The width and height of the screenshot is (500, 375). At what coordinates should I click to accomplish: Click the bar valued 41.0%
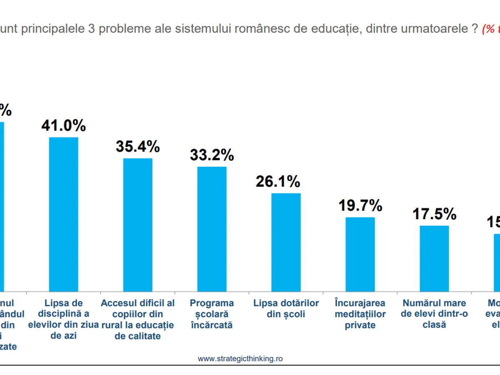pos(64,214)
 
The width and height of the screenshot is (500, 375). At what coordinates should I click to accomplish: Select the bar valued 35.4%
pos(138,225)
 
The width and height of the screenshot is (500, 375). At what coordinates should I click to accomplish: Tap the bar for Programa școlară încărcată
pos(212,229)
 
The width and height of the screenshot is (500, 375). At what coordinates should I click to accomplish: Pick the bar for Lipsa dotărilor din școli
pos(286,242)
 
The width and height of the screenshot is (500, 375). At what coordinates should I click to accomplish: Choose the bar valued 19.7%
pos(360,254)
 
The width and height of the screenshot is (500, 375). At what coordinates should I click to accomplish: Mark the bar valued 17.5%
pos(434,258)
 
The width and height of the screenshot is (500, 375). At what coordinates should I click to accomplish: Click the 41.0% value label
pos(64,125)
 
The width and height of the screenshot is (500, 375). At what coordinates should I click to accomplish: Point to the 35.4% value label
pos(138,147)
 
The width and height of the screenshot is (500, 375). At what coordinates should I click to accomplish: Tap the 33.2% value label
pos(212,155)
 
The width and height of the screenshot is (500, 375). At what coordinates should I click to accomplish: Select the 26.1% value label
pos(278,181)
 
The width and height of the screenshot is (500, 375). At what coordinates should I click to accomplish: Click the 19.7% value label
pos(360,205)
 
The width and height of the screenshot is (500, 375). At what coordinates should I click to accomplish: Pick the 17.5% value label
pos(434,214)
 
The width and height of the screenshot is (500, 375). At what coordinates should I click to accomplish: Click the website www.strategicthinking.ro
pos(240,359)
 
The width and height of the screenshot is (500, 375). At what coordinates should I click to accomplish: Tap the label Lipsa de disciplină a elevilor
pos(64,319)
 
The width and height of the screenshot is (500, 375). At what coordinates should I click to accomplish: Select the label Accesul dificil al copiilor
pos(138,319)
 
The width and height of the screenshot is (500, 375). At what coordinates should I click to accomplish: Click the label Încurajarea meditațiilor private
pos(360,314)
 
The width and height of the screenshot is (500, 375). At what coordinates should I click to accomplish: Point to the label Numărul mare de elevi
pos(434,314)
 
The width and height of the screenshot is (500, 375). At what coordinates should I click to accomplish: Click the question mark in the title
pos(474,30)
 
